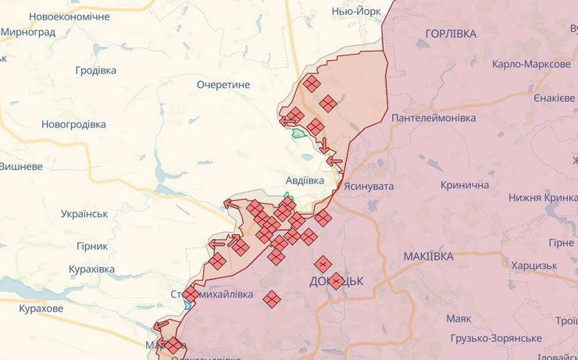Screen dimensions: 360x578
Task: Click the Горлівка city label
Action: coord(451,34)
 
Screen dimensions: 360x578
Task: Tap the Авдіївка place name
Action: coord(305,180)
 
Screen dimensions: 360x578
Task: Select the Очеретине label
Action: coord(223,84)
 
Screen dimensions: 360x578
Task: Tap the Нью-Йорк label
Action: coord(356,12)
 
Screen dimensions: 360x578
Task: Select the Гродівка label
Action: coord(95,70)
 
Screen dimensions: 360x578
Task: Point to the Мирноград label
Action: coord(28,33)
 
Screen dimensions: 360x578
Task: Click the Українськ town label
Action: coord(84,214)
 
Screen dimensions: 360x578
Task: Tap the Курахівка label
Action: coord(91,269)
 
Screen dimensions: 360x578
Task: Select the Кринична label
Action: coord(465,185)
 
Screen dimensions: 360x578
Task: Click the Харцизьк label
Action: coord(534,266)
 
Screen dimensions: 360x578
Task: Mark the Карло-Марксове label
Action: coord(530,64)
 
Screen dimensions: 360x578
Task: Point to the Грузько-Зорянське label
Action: coord(496,337)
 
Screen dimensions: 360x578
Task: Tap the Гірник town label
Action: coord(91,246)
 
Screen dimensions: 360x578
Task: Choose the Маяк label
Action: coord(458,319)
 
